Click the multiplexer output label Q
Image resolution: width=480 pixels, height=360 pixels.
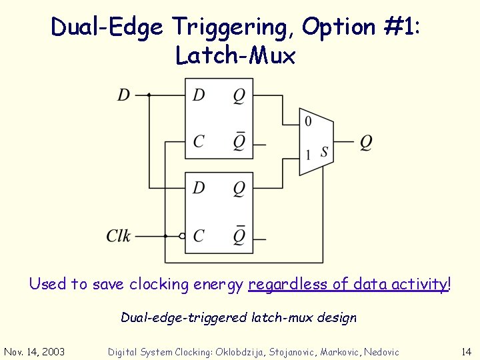[x=366, y=142]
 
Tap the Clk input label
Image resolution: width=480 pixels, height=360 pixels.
[x=119, y=236]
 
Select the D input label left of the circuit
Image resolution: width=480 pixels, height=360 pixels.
[x=124, y=95]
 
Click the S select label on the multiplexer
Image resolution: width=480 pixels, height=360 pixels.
[x=324, y=153]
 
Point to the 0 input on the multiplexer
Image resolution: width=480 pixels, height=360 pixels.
[x=307, y=121]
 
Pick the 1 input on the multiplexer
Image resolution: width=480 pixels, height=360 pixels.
[x=307, y=155]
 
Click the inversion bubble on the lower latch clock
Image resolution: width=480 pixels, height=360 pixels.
[x=182, y=236]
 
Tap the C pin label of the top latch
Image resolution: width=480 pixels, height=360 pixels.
[x=199, y=141]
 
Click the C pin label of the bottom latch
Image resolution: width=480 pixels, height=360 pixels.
[x=199, y=235]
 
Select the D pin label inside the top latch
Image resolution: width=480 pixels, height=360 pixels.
[x=199, y=95]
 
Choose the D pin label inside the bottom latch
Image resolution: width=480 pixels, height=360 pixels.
[x=199, y=188]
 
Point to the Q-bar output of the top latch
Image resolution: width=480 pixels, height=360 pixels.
[x=239, y=141]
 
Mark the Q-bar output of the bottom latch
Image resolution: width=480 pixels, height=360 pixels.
[x=239, y=235]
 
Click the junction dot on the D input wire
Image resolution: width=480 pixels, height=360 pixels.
[x=149, y=95]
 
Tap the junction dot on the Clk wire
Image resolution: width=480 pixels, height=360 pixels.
[x=165, y=236]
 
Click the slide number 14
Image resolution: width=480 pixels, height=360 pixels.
[x=465, y=351]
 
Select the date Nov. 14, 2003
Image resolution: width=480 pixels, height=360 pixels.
[x=35, y=351]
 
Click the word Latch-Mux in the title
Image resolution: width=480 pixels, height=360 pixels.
[x=235, y=56]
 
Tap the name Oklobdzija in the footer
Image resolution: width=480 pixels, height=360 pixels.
[x=243, y=351]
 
